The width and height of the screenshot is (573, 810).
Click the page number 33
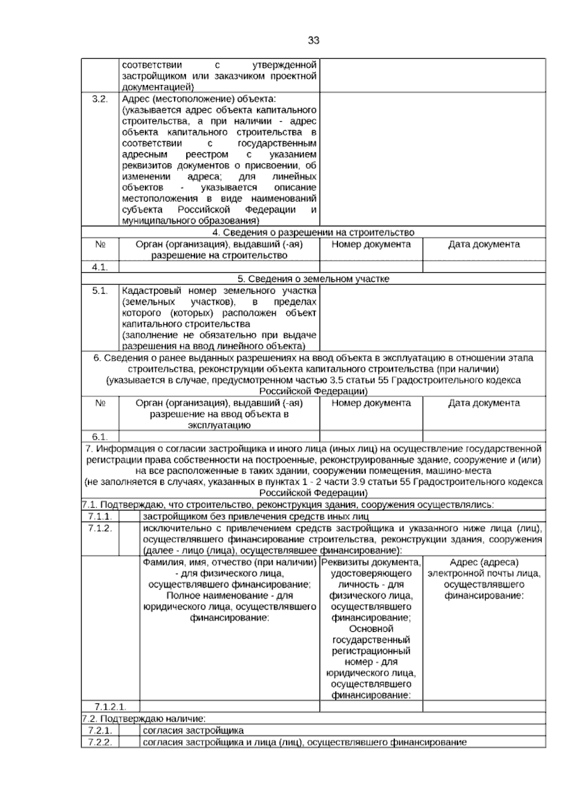coord(313,41)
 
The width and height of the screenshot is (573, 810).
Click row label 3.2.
coord(100,99)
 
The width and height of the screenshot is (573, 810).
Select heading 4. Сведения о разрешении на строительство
coord(313,233)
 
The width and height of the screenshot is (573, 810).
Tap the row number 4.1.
coord(100,267)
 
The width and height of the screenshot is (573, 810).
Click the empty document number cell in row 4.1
coord(371,267)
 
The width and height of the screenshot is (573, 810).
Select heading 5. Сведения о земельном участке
coord(313,279)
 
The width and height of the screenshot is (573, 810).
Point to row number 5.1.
coord(100,290)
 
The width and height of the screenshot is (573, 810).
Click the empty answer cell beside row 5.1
coord(432,318)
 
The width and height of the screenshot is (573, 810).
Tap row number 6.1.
coord(100,437)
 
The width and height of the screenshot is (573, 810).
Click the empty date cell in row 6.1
coord(484,437)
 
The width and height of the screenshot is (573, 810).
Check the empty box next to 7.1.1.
coord(129,516)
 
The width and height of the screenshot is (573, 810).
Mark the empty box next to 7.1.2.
coord(129,539)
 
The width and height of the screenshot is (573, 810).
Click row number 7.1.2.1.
coord(110,706)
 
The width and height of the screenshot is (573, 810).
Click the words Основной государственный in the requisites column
coord(371,634)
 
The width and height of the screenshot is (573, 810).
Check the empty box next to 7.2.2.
coord(129,742)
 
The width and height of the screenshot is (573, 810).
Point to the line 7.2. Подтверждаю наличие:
coord(144,718)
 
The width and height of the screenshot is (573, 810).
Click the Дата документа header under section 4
coord(484,245)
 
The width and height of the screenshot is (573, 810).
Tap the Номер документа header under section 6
coord(371,403)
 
